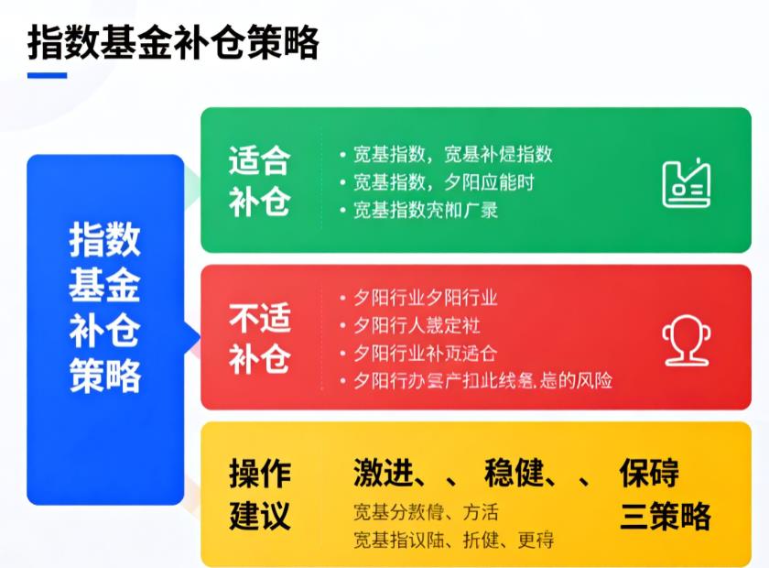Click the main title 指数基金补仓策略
tap(173, 41)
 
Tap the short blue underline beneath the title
tap(47, 75)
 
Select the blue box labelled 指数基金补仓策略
tap(105, 330)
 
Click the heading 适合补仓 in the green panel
tap(259, 180)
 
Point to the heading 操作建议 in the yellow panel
tap(259, 494)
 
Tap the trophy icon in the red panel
tap(687, 339)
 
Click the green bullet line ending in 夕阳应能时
tap(437, 181)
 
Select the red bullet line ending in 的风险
tap(476, 380)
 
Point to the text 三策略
tap(665, 516)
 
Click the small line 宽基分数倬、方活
tap(426, 512)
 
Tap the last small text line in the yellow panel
tap(453, 540)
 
